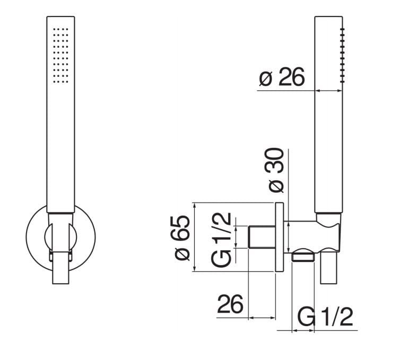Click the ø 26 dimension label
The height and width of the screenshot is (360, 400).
point(282,78)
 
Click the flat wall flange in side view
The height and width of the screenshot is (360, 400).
point(279,237)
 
